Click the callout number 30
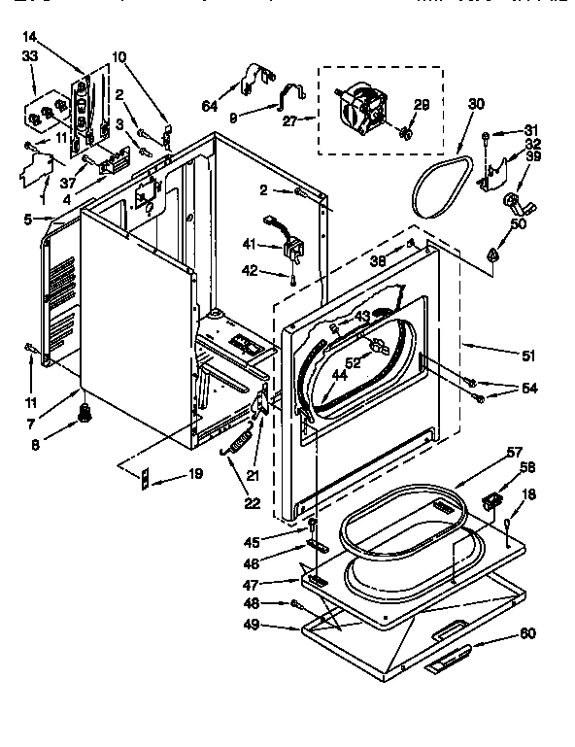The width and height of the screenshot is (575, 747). (x=475, y=104)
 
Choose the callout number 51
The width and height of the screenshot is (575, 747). (x=528, y=356)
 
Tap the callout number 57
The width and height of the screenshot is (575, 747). (x=514, y=453)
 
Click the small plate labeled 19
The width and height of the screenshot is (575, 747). (x=147, y=476)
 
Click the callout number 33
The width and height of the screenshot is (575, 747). (x=29, y=56)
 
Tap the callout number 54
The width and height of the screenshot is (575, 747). (x=527, y=390)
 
